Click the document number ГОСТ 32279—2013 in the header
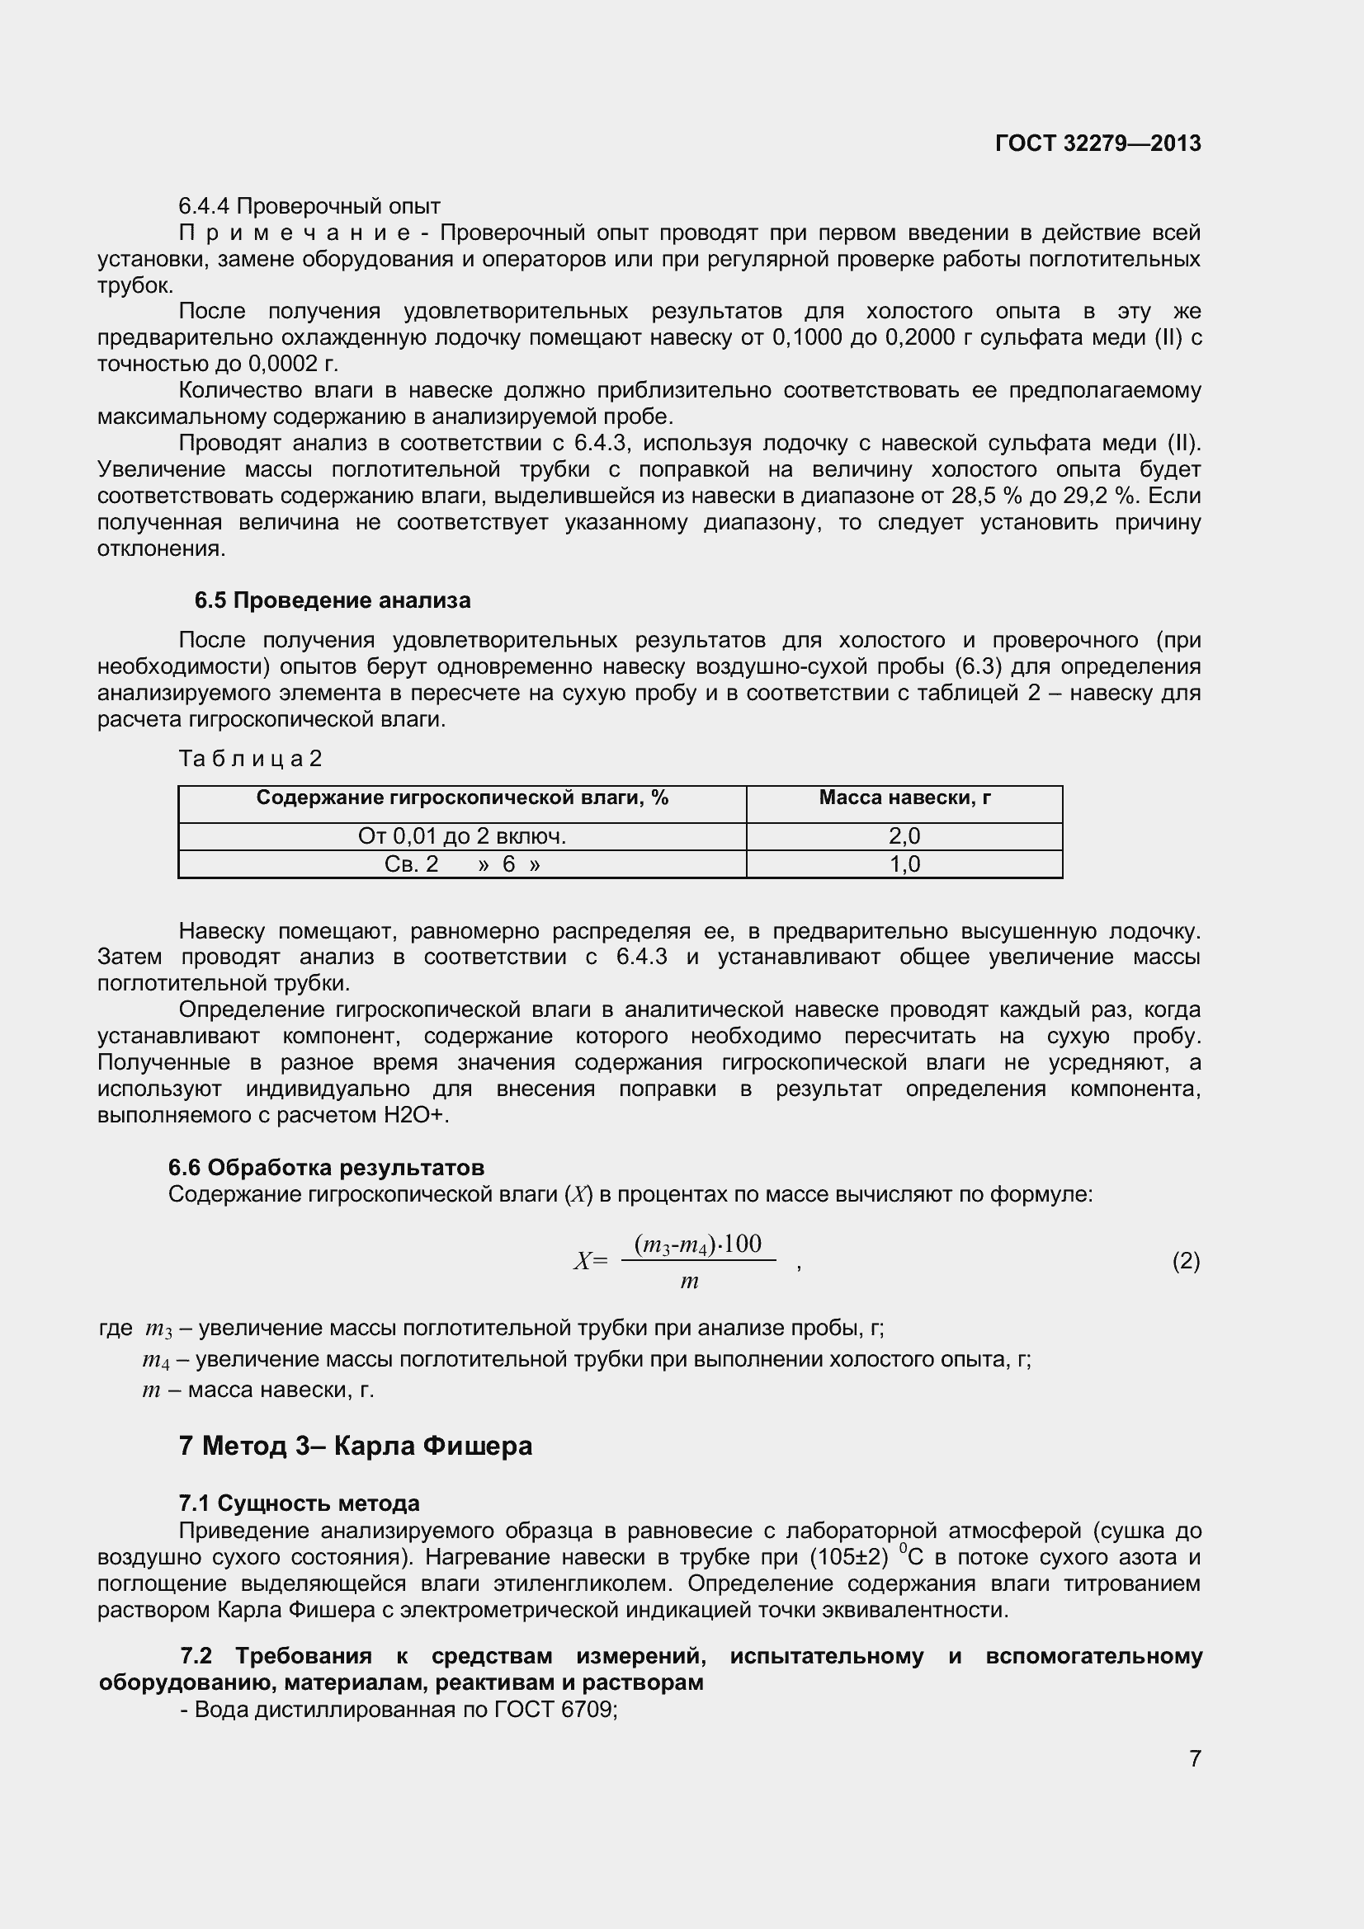[x=1097, y=143]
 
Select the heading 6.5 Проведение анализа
[x=332, y=600]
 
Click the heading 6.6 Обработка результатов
[x=326, y=1168]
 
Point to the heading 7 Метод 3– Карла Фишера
[x=356, y=1446]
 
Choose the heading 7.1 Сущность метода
[x=300, y=1503]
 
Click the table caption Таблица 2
[x=251, y=759]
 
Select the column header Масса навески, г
[x=904, y=798]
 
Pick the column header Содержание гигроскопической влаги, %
[x=462, y=798]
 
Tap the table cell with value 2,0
[x=904, y=836]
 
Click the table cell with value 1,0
[x=904, y=863]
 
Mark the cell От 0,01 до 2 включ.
[x=462, y=836]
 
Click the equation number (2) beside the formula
[x=1186, y=1261]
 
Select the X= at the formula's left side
[x=590, y=1261]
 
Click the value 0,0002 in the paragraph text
[x=281, y=364]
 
